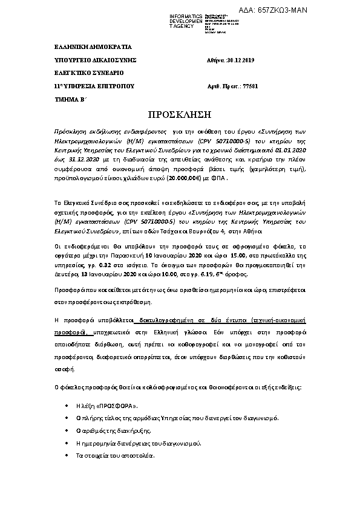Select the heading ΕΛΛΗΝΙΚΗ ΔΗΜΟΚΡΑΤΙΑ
click(85, 47)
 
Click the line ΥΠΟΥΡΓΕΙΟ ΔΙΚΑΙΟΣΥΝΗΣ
click(88, 60)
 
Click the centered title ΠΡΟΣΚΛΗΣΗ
click(179, 115)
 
